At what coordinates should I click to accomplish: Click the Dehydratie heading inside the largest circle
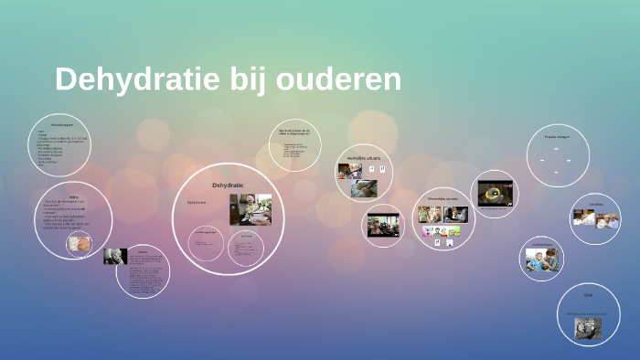[x=228, y=185]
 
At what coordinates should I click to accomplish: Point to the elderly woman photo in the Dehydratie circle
[x=250, y=208]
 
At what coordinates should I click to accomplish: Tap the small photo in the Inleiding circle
[x=80, y=244]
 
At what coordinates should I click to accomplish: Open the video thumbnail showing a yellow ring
[x=495, y=193]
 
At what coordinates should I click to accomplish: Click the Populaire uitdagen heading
[x=557, y=137]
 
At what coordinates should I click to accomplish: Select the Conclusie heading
[x=595, y=204]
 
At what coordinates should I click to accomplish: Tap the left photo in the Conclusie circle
[x=584, y=217]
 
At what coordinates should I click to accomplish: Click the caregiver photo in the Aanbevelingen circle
[x=539, y=261]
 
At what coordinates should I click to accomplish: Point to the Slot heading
[x=588, y=295]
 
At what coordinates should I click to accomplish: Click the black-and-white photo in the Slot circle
[x=587, y=327]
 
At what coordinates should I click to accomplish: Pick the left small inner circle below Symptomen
[x=207, y=241]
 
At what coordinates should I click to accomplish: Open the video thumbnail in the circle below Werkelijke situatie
[x=383, y=225]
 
